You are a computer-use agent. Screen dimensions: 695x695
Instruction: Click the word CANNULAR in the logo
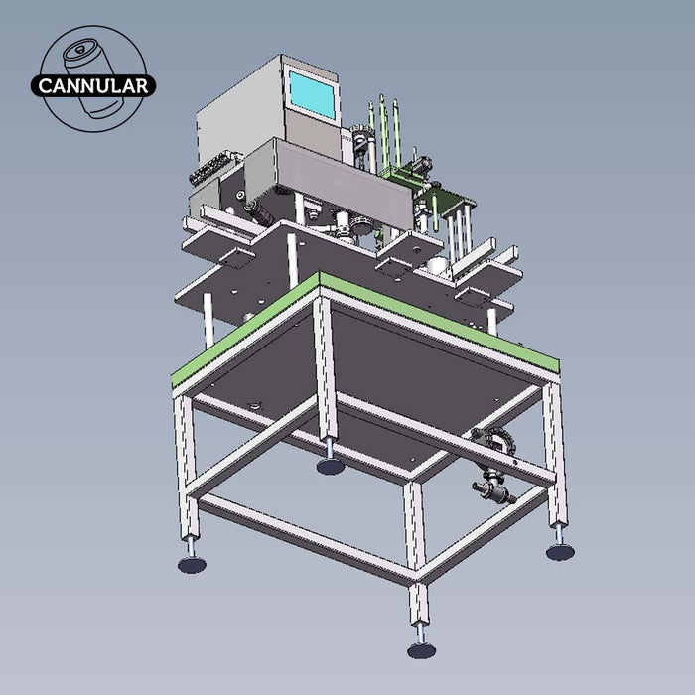pyautogui.click(x=94, y=85)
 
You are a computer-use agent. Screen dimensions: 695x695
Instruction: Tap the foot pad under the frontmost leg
pyautogui.click(x=421, y=649)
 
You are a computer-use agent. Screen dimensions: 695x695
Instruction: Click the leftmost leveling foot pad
pyautogui.click(x=192, y=564)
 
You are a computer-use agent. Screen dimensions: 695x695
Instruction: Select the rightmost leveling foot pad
pyautogui.click(x=560, y=551)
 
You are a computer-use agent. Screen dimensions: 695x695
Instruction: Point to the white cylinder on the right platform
pyautogui.click(x=438, y=265)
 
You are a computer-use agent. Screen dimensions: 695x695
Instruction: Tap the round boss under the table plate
pyautogui.click(x=255, y=403)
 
